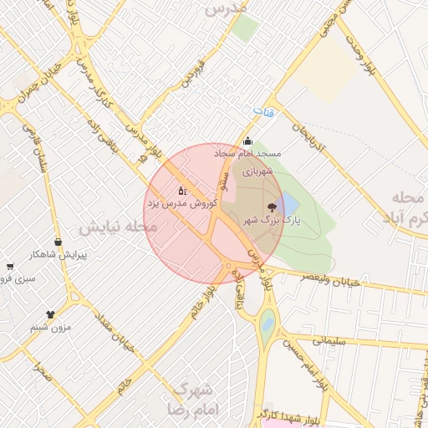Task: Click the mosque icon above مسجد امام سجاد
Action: pyautogui.click(x=247, y=141)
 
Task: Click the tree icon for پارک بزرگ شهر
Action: pyautogui.click(x=271, y=206)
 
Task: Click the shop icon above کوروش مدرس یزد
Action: pyautogui.click(x=182, y=191)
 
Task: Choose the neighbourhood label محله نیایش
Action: pyautogui.click(x=118, y=227)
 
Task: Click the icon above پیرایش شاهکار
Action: pyautogui.click(x=58, y=242)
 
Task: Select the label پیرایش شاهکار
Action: pyautogui.click(x=59, y=254)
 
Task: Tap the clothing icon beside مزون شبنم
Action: pyautogui.click(x=51, y=315)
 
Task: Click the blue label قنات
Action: pyautogui.click(x=265, y=110)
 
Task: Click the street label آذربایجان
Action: pyautogui.click(x=304, y=140)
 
